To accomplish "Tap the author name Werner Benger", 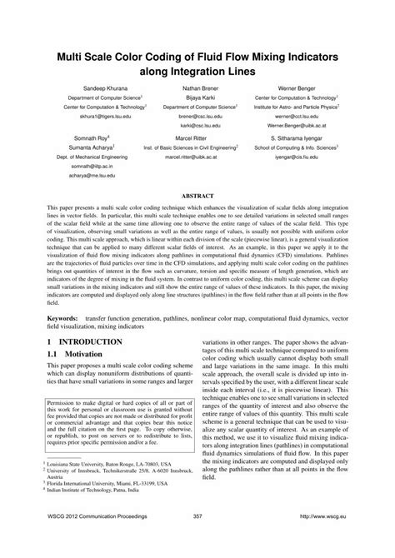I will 296,87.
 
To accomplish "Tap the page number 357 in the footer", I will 197,539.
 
